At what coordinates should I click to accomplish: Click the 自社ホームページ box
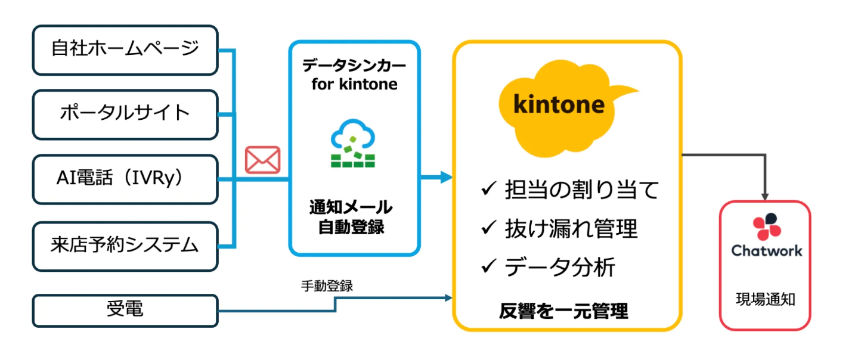tap(125, 50)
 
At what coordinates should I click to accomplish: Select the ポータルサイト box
tap(125, 114)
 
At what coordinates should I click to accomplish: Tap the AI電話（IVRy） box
tap(125, 179)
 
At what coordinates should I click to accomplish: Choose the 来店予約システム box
tap(125, 244)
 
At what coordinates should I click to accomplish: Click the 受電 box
tap(125, 310)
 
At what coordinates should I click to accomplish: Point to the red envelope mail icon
tap(262, 160)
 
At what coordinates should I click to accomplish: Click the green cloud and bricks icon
tap(353, 144)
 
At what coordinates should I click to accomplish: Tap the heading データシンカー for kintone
tap(354, 75)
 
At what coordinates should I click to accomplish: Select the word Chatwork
tap(767, 250)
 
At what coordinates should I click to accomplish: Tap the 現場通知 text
tap(767, 299)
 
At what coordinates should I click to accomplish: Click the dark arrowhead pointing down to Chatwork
tap(766, 196)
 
